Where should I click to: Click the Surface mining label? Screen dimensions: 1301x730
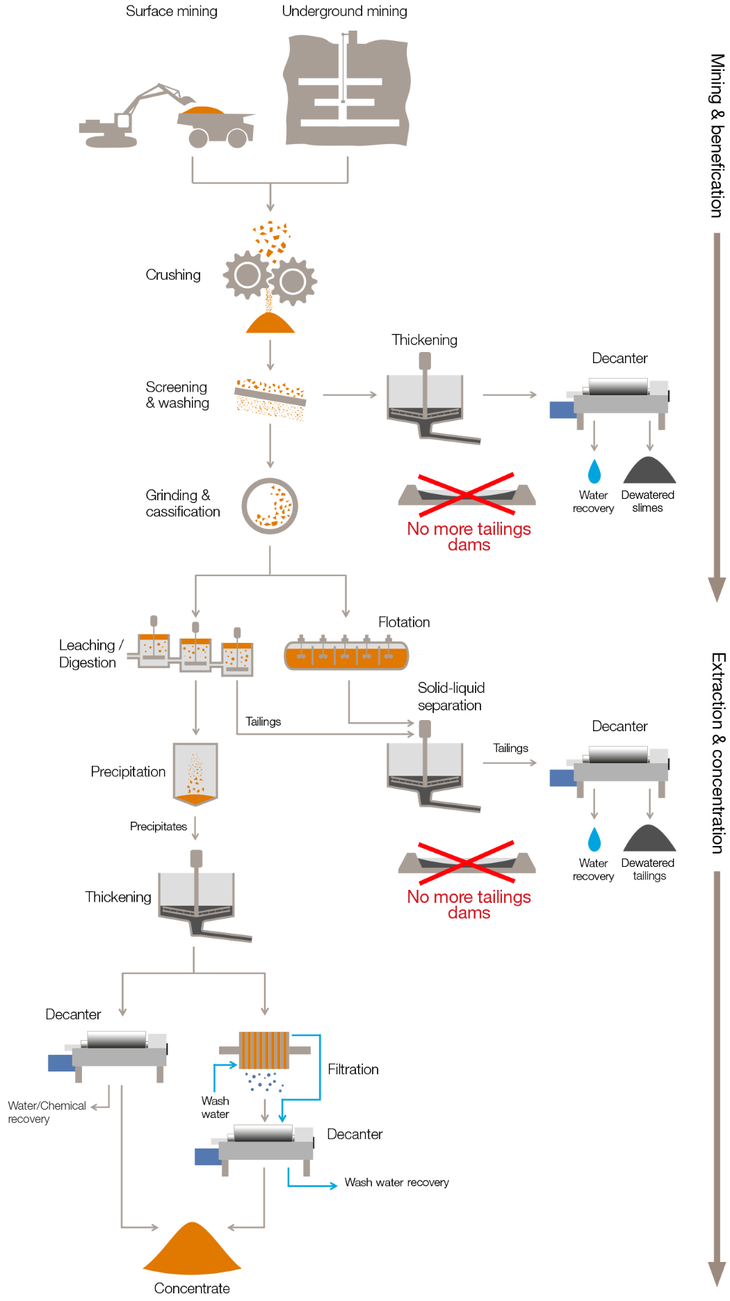171,11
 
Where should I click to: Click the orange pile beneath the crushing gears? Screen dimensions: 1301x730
270,324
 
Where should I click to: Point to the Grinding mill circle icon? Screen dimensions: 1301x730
270,506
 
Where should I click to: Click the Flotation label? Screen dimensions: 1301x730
404,622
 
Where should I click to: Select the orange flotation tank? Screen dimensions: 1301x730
346,655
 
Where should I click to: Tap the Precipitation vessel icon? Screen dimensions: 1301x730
195,773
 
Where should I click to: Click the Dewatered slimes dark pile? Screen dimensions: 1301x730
649,471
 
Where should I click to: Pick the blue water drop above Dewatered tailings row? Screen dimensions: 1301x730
594,839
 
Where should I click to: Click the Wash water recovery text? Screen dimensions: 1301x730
396,1183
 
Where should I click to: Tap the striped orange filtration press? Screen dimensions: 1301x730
264,1051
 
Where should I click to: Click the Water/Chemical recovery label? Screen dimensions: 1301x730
47,1112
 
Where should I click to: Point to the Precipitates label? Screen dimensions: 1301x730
159,827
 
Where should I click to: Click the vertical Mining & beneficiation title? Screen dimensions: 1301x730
717,136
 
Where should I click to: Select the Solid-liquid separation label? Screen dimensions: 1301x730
451,696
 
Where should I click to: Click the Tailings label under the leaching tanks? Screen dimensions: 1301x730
263,721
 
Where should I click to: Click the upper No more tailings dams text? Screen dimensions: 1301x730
469,536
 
